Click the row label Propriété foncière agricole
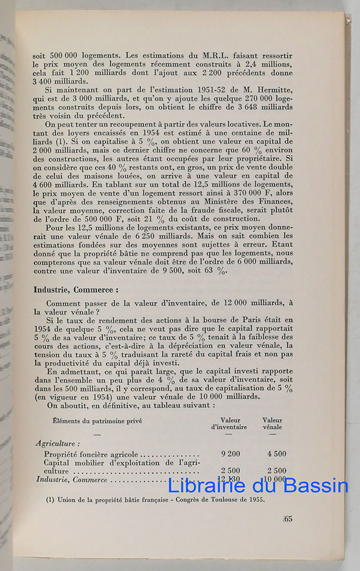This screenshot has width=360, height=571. click(x=87, y=453)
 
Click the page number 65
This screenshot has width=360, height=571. click(x=287, y=519)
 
